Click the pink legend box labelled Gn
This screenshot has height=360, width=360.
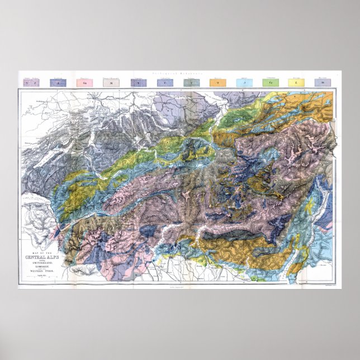click(83, 82)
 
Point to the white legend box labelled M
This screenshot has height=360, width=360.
click(110, 82)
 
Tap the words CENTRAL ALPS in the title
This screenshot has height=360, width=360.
click(40, 257)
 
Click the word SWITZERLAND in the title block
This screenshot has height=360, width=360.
click(40, 262)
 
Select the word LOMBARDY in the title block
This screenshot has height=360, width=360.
click(40, 267)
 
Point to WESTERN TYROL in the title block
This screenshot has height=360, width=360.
click(40, 273)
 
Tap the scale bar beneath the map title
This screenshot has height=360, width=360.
click(40, 278)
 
